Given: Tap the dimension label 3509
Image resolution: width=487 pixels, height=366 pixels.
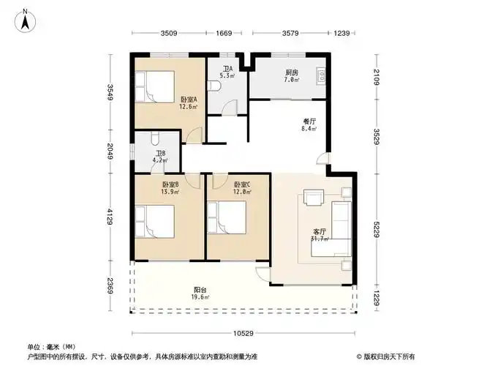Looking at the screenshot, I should coord(169,33).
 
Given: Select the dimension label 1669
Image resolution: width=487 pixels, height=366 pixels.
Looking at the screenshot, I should coord(223,33).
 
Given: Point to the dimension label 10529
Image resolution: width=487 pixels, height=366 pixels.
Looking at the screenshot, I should coord(244,333).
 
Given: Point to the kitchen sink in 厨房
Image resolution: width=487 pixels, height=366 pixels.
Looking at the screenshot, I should coord(320,75).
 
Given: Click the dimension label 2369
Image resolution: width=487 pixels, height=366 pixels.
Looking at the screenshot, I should coord(109,286).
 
